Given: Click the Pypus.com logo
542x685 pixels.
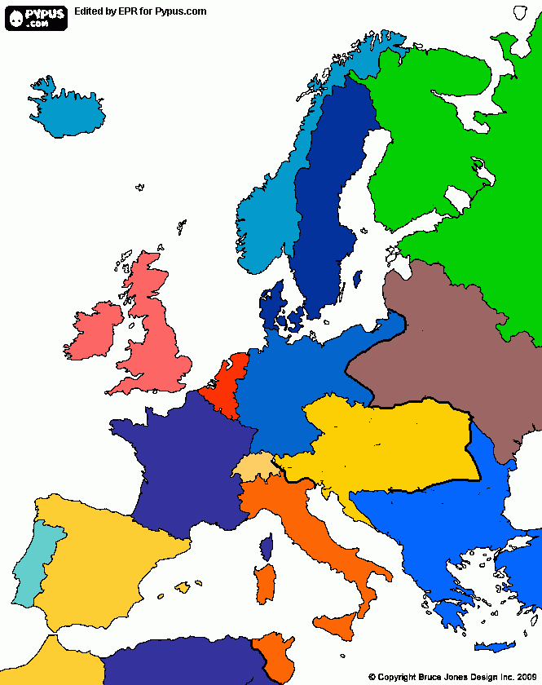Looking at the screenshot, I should pyautogui.click(x=36, y=16).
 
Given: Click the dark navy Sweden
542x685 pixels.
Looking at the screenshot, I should pyautogui.click(x=326, y=204).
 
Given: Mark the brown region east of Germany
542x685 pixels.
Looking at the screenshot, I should pyautogui.click(x=440, y=342).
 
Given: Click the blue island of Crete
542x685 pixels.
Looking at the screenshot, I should pyautogui.click(x=495, y=647).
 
